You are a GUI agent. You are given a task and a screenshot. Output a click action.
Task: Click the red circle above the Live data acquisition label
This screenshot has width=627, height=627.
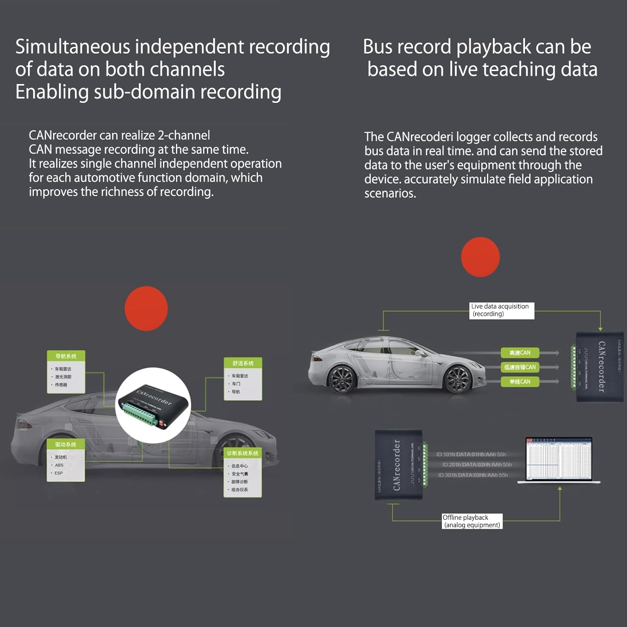click(480, 257)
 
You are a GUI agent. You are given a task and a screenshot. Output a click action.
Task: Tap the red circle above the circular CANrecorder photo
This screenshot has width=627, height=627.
click(146, 308)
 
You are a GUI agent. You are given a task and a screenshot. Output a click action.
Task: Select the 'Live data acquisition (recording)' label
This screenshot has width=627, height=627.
click(502, 311)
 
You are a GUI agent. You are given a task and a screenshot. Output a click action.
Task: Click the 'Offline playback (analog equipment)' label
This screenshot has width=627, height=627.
click(472, 521)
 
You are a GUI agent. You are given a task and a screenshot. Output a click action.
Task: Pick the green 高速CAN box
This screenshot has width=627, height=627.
click(520, 353)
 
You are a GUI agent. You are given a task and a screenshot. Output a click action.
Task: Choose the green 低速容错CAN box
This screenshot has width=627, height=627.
click(520, 367)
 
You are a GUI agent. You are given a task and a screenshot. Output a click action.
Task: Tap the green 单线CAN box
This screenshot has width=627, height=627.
click(520, 382)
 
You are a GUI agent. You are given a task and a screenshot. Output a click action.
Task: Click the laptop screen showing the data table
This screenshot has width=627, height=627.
click(559, 459)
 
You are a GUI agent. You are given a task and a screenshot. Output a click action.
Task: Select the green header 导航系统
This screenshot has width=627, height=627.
click(66, 356)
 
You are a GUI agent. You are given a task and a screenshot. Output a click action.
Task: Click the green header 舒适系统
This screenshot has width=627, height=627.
click(243, 363)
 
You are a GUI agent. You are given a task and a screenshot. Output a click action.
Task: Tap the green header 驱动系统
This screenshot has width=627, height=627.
click(66, 444)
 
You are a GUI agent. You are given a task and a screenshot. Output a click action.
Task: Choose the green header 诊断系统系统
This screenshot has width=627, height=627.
click(242, 453)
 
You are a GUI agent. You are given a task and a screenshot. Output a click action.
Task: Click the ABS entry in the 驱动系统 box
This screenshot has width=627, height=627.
click(59, 465)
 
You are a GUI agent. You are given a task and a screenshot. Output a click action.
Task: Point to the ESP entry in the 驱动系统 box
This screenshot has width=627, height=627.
click(59, 473)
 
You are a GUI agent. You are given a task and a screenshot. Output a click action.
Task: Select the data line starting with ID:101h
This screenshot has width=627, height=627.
click(471, 454)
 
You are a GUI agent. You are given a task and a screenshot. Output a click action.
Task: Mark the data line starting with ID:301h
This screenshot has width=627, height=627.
click(473, 475)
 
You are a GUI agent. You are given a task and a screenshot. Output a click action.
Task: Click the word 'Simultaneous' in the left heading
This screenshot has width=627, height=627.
click(73, 47)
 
